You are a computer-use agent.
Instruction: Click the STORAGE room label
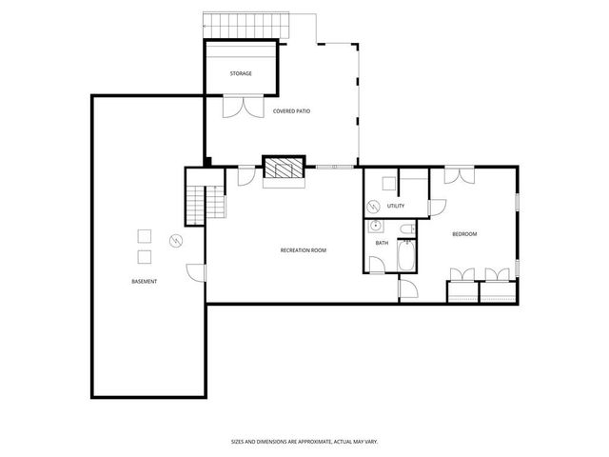coord(241,73)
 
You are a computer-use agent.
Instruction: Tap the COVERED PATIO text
coord(291,111)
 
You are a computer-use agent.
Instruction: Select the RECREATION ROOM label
coord(304,249)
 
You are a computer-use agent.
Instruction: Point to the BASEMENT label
coord(145,281)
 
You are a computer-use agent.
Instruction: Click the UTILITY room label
coord(396,206)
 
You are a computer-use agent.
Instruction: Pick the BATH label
coord(382,243)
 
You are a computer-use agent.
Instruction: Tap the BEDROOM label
coord(464,234)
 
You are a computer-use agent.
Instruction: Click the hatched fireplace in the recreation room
coord(283,169)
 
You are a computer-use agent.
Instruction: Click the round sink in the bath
coord(376,227)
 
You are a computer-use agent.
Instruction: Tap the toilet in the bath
coord(407,229)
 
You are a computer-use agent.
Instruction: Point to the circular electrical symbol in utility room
coord(374,206)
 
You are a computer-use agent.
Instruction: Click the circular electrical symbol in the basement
coord(175,240)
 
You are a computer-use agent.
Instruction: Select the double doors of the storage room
coord(241,106)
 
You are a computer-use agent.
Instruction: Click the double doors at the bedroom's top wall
coord(460,175)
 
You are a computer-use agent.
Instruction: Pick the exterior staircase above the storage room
coord(246,24)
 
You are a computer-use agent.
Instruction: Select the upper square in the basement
coord(145,236)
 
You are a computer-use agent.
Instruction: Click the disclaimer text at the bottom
coord(304,441)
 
